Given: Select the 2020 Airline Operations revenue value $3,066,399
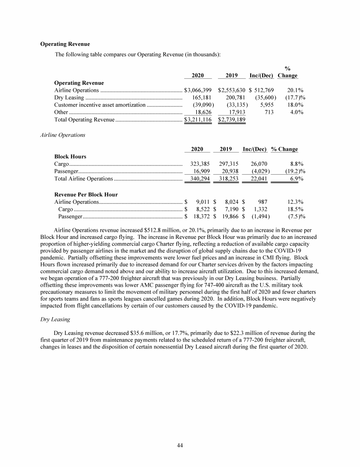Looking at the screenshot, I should (198, 89).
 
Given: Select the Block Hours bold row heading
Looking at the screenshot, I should (70, 156).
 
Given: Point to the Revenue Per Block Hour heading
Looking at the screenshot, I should (86, 194).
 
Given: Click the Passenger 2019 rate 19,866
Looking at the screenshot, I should (229, 217).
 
